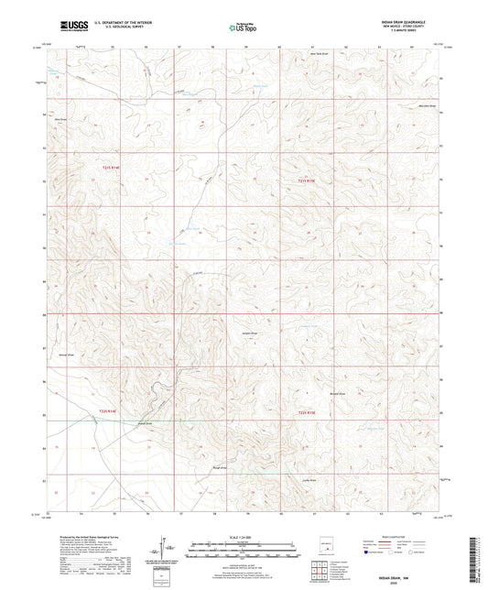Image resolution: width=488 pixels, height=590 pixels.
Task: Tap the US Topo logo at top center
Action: click(241, 27)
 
